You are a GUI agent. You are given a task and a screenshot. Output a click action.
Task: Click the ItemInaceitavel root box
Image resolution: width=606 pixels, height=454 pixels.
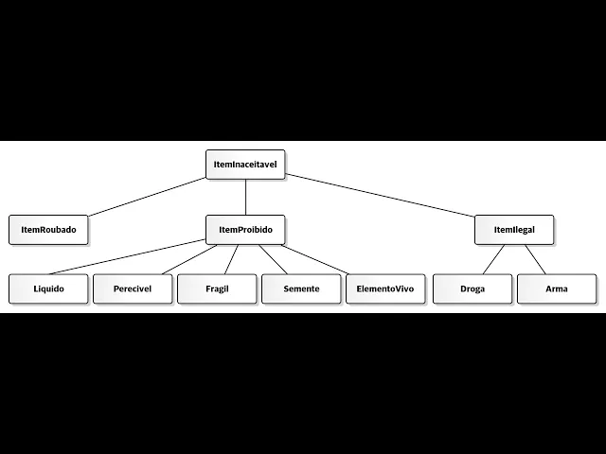[x=245, y=165]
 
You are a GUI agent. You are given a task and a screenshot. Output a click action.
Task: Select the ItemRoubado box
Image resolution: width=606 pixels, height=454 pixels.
[x=48, y=230]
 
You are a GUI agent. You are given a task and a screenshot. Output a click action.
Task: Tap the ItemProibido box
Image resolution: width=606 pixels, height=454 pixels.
[x=245, y=230]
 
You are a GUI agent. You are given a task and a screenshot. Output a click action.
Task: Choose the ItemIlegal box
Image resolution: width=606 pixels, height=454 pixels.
[x=514, y=230]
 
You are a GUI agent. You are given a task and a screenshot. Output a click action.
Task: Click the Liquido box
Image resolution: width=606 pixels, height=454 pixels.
[x=48, y=288]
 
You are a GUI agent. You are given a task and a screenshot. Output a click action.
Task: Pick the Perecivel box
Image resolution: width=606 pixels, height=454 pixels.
[x=133, y=288]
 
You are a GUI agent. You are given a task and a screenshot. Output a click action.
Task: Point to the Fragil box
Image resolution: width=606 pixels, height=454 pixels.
[x=217, y=288]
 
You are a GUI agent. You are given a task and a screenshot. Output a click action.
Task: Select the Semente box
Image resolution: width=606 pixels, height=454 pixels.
[x=301, y=288]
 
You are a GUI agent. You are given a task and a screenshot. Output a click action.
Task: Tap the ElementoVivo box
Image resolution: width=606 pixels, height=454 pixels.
[x=385, y=288]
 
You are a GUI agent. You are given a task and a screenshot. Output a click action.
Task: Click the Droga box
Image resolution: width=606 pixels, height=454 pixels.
[x=472, y=288]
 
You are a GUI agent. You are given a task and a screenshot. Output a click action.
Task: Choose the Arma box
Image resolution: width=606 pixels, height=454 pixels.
[x=557, y=288]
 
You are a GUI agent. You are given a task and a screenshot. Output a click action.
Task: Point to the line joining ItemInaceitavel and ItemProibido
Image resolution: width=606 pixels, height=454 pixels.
[x=245, y=197]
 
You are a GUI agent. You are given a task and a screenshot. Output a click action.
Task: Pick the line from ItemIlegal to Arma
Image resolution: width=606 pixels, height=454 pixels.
[x=535, y=258]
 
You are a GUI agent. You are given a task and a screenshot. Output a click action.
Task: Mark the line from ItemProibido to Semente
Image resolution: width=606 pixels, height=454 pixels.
[x=273, y=258]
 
